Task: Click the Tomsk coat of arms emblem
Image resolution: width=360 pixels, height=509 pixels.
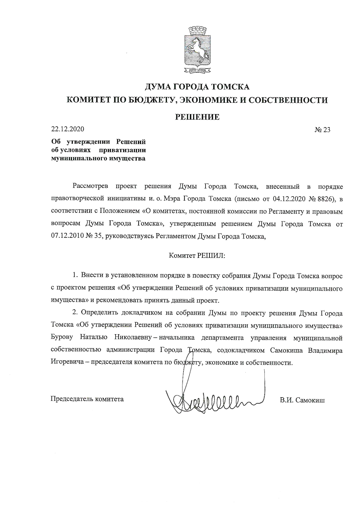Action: (x=197, y=49)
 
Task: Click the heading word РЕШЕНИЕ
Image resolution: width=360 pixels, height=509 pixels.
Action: (x=197, y=117)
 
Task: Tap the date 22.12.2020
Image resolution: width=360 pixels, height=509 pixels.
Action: (x=68, y=129)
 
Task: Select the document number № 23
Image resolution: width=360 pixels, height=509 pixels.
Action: (x=322, y=130)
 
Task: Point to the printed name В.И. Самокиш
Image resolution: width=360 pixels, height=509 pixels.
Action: (x=302, y=400)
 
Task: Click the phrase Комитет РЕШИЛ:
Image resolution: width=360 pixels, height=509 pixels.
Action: (x=197, y=256)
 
